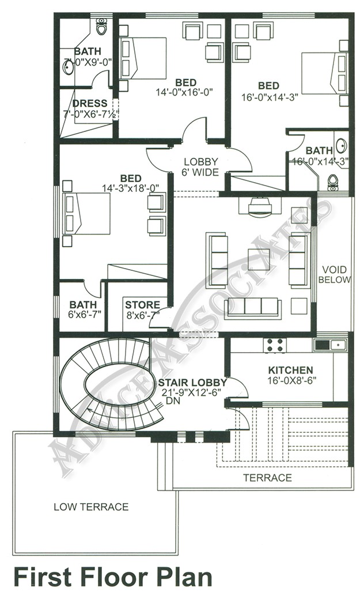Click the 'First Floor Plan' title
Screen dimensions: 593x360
[112, 576]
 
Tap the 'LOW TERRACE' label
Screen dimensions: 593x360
[91, 507]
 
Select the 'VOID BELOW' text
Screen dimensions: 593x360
[336, 274]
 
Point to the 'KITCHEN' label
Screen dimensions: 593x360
[291, 369]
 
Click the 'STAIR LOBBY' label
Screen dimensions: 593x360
[192, 382]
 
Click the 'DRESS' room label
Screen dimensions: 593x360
[90, 104]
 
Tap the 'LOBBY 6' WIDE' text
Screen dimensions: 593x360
[200, 167]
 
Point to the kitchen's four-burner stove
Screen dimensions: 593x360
[274, 345]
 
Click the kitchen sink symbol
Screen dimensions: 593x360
[329, 345]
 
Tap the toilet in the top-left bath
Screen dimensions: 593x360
[101, 27]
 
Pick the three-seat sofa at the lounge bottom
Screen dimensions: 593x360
[253, 307]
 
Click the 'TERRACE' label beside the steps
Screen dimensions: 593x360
[267, 478]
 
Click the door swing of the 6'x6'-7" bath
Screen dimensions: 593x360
[92, 288]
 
